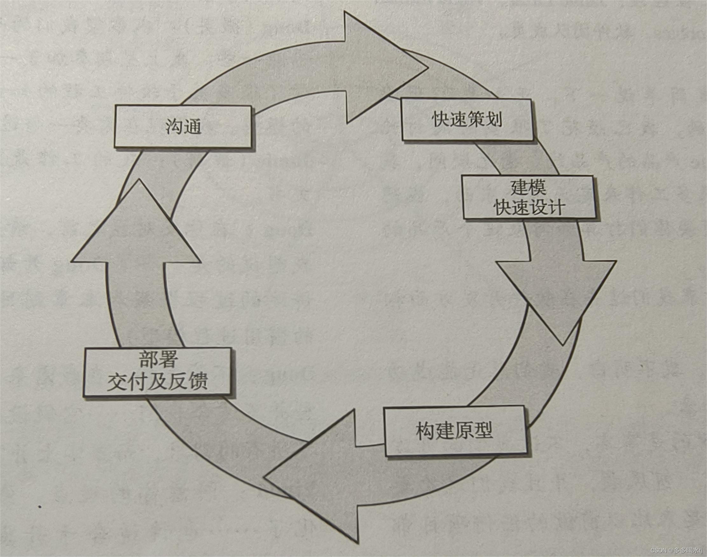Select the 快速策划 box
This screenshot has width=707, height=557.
click(467, 120)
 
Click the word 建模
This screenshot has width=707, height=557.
click(528, 188)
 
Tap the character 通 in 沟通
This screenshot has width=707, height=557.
click(193, 127)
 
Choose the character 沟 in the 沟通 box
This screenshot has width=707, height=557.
click(174, 127)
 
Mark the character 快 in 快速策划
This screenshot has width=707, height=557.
click(440, 120)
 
